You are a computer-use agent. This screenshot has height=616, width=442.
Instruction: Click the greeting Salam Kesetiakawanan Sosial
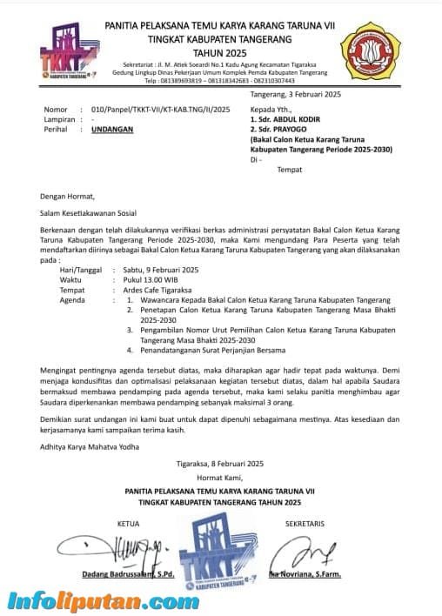pos(92,211)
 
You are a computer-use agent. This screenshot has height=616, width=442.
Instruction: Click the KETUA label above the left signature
pos(128,524)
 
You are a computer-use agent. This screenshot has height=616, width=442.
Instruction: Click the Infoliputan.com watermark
pos(103,600)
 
